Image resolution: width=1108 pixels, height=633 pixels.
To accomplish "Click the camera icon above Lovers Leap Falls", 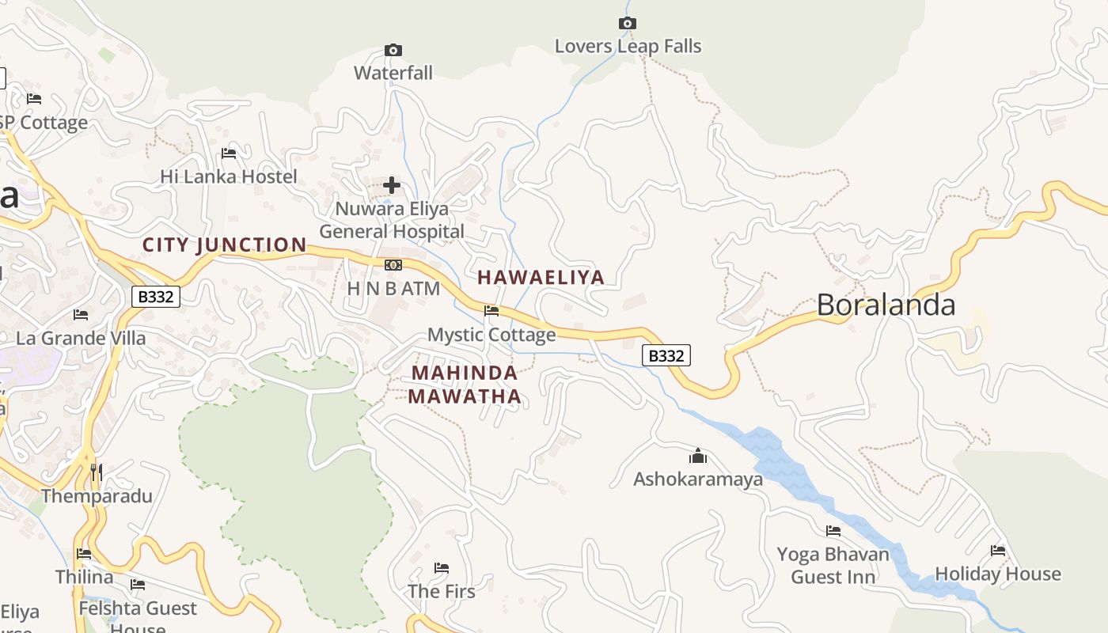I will click(x=627, y=24).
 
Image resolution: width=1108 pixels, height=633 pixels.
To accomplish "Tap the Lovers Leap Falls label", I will click(x=628, y=47).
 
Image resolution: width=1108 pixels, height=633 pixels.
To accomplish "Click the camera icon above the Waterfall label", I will click(x=393, y=51).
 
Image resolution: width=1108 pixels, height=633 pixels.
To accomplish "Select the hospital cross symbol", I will click(x=392, y=186).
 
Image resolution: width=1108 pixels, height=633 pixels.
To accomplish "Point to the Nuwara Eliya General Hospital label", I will click(x=392, y=220).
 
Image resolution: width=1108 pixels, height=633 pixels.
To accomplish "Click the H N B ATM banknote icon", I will click(x=393, y=265).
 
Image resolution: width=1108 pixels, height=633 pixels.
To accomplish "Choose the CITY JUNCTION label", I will click(x=225, y=245).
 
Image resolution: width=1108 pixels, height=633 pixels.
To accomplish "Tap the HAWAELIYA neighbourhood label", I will click(x=541, y=277).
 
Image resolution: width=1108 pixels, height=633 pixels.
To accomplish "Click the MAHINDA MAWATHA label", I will click(x=465, y=385).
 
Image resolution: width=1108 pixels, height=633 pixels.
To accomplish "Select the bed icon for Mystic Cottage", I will click(x=491, y=311).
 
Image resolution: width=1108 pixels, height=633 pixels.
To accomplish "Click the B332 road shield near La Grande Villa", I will click(x=156, y=297).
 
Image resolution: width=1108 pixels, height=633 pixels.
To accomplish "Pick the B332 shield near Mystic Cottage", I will click(x=666, y=356).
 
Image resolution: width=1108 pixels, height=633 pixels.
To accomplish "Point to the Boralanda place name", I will click(x=886, y=305).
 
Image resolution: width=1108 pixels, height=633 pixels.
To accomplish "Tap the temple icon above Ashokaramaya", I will click(x=697, y=456).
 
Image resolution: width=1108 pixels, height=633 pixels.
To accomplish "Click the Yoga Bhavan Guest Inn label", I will click(x=833, y=565).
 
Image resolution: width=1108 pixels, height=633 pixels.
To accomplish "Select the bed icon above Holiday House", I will click(x=998, y=551).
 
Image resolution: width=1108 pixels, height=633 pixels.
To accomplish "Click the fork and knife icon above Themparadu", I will click(x=97, y=472).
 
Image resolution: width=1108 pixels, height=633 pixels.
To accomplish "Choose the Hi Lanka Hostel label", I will click(x=229, y=176).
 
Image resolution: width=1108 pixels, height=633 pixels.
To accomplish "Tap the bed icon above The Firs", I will click(x=442, y=568).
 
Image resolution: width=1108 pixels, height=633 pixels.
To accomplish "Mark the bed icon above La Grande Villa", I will click(x=81, y=315).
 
